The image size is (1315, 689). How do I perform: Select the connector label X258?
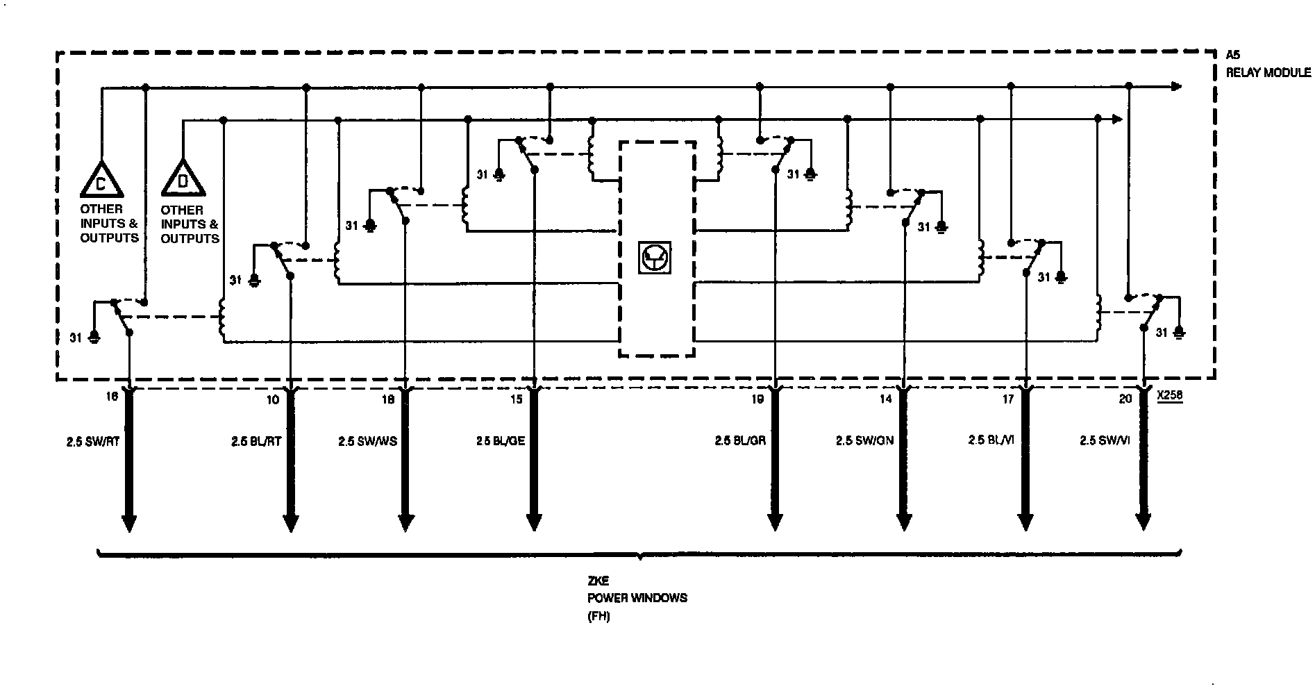(x=1170, y=398)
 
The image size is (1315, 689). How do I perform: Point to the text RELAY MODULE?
(x=1268, y=72)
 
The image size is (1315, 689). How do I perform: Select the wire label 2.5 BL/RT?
(x=256, y=440)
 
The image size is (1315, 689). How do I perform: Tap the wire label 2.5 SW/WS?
(x=367, y=441)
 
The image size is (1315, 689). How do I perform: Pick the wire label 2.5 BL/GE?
(x=500, y=440)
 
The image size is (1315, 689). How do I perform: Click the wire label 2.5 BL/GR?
(x=740, y=440)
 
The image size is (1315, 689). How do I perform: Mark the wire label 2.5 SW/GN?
(x=864, y=440)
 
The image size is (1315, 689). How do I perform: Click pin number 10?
(x=272, y=399)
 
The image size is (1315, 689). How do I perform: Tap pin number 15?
(x=516, y=399)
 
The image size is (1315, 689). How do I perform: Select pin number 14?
(x=885, y=399)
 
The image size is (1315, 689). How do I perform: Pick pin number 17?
(x=1007, y=399)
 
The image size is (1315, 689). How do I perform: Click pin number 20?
(x=1125, y=399)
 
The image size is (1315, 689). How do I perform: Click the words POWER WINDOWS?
(x=637, y=597)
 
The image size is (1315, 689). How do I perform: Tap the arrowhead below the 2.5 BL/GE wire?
(x=533, y=522)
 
